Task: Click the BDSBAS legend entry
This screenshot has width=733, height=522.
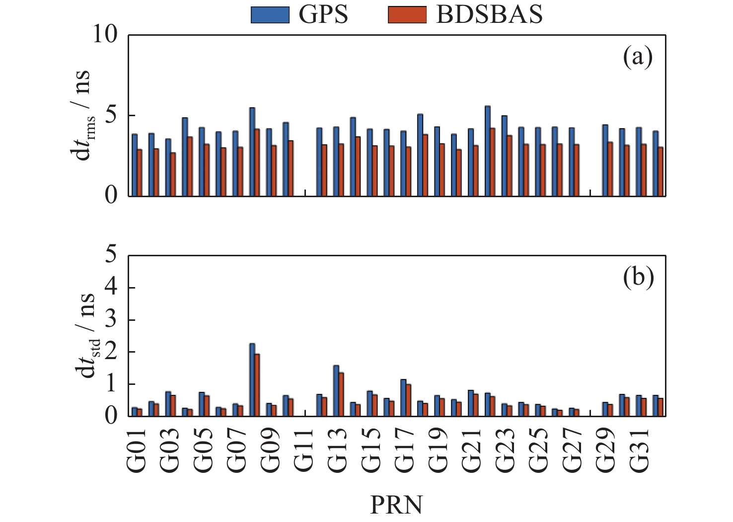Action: click(465, 15)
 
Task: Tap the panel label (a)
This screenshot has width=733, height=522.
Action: click(637, 58)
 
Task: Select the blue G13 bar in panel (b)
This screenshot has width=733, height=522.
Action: click(336, 390)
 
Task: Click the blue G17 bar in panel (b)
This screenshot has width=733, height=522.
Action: click(403, 397)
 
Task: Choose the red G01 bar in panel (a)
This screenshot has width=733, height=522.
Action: click(140, 172)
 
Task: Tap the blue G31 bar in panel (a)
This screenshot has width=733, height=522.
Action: click(639, 161)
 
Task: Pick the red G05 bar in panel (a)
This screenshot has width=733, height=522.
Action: click(207, 170)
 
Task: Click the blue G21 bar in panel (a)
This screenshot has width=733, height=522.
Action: click(471, 162)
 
